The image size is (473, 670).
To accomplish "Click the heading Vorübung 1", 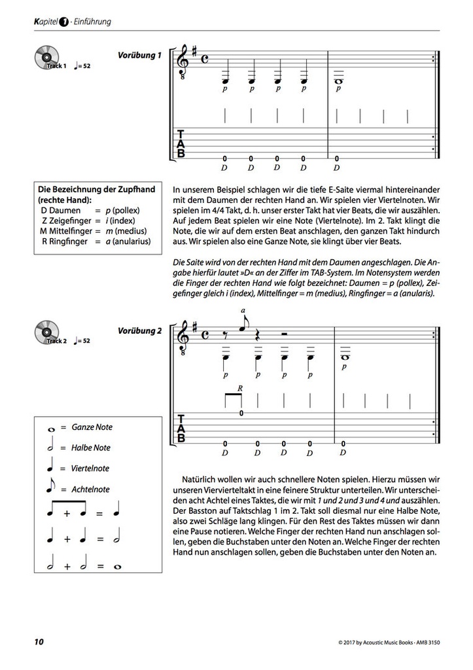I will coord(139,56).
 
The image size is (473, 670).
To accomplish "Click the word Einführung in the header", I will coord(92,22).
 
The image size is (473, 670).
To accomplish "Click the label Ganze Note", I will coord(92,427).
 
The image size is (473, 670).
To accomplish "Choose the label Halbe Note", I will coord(92,448).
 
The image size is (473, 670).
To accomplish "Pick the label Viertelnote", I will coord(91,468).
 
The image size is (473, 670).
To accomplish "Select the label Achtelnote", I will coord(91,489).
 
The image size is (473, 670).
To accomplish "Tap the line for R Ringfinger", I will coord(96,241).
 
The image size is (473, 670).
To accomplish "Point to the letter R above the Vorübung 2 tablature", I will coord(240,389).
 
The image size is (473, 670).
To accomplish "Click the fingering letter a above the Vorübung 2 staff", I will coord(243,311).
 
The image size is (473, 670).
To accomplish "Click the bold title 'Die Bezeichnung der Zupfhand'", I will coord(97,190).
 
